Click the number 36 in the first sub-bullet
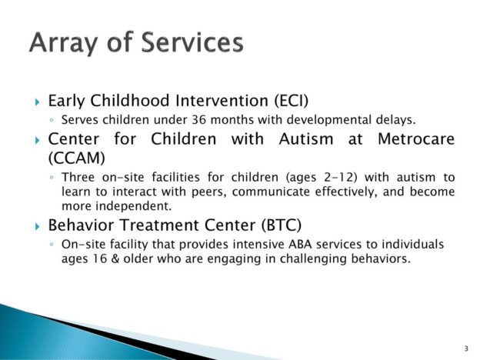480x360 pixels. [x=199, y=119]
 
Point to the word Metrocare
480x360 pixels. [x=416, y=138]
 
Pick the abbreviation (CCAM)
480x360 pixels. [x=76, y=158]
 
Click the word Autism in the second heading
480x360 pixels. [x=306, y=138]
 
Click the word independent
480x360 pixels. [x=134, y=205]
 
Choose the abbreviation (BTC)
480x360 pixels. [x=282, y=225]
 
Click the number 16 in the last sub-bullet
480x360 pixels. [x=100, y=258]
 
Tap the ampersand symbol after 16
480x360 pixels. [x=115, y=258]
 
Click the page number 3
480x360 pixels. [x=466, y=348]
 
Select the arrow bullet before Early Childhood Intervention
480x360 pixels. [x=38, y=102]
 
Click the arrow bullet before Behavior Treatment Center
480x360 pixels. [x=38, y=226]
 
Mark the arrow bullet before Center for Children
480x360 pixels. [x=38, y=140]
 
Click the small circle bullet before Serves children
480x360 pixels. [x=52, y=120]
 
